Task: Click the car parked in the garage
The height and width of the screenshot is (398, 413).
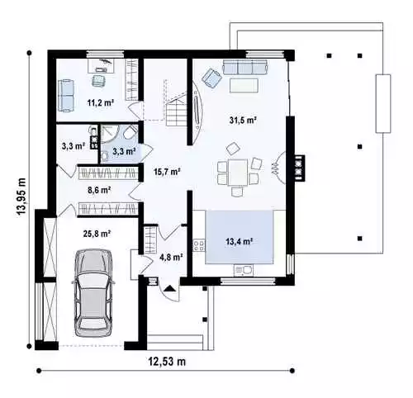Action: coord(93,293)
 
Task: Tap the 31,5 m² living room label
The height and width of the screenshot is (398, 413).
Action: coord(243,120)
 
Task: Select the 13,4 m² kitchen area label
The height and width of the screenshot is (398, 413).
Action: coord(240,241)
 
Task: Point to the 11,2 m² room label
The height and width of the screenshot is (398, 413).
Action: coord(101,102)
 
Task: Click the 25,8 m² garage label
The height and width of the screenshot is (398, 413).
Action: coord(97,234)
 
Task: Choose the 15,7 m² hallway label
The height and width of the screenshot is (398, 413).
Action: coord(167,172)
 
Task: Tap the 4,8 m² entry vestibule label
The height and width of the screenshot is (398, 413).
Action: coord(171,258)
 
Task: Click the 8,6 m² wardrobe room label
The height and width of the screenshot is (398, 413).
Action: coord(99,190)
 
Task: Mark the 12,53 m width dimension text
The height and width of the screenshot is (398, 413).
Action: coord(167,361)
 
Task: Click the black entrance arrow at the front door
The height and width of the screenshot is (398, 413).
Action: coord(169,288)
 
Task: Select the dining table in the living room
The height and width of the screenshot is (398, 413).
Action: coord(237,173)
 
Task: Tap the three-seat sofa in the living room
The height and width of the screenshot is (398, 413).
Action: coord(245,68)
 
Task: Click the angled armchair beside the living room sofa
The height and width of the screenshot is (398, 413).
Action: coord(212,78)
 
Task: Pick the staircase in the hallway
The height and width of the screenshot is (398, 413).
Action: coord(176,109)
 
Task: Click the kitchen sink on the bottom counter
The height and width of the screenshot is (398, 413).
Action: coord(243,270)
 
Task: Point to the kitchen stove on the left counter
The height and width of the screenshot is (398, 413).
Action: coord(199,246)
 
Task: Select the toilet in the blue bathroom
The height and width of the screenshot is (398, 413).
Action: coord(130,133)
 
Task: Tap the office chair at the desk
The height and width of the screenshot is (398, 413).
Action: coord(99,80)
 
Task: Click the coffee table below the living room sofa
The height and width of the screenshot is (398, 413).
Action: coord(244,86)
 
